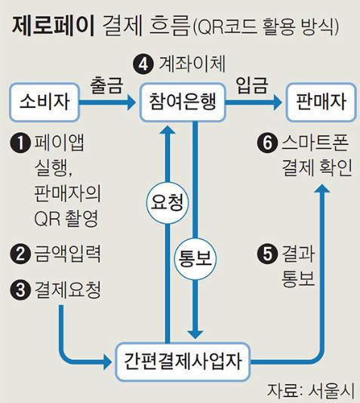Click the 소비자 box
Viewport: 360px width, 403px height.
pyautogui.click(x=45, y=102)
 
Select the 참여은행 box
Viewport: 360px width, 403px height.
pyautogui.click(x=183, y=102)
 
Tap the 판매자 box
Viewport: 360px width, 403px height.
pyautogui.click(x=322, y=102)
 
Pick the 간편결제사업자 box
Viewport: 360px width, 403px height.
pyautogui.click(x=183, y=361)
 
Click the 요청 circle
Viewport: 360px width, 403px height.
pyautogui.click(x=168, y=202)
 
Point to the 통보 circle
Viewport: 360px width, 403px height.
pyautogui.click(x=195, y=258)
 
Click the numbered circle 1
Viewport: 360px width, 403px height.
pyautogui.click(x=20, y=143)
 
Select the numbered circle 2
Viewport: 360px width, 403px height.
pyautogui.click(x=20, y=254)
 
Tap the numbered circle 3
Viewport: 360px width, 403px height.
pyautogui.click(x=20, y=290)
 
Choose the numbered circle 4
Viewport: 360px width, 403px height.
pyautogui.click(x=143, y=64)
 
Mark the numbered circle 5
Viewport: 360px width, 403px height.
pyautogui.click(x=267, y=254)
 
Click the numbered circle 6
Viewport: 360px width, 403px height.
pyautogui.click(x=267, y=143)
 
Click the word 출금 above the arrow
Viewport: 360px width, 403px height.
pyautogui.click(x=106, y=85)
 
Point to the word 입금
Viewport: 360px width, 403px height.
pyautogui.click(x=252, y=85)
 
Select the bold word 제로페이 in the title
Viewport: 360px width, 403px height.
pyautogui.click(x=53, y=26)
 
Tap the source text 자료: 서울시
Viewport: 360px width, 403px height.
pyautogui.click(x=311, y=391)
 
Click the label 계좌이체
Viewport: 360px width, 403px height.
pyautogui.click(x=192, y=63)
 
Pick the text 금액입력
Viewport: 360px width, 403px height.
pyautogui.click(x=67, y=254)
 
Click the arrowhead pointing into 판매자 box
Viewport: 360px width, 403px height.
pyautogui.click(x=277, y=103)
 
